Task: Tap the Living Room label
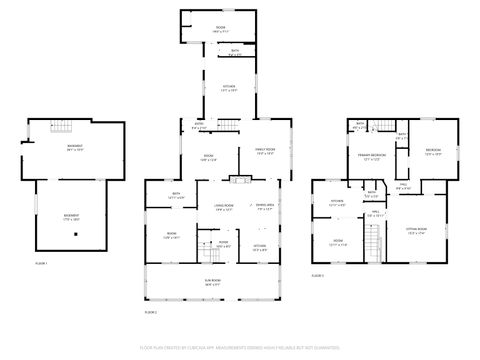point(222,207)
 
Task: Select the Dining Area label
point(266,207)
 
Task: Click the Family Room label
point(264,152)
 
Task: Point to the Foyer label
point(224,243)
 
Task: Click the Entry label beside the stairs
point(199,127)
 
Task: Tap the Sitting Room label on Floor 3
point(416,231)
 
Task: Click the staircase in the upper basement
point(61,128)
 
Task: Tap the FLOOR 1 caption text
point(41,262)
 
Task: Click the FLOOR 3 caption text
point(318,274)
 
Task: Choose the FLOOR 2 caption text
point(151,312)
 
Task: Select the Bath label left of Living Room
point(175,195)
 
